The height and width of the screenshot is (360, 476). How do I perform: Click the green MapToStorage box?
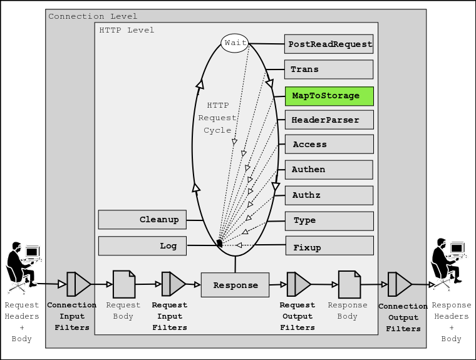[x=329, y=96]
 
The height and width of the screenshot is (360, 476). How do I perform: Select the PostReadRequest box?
[x=329, y=44]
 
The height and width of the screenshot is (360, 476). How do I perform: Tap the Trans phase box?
[x=329, y=69]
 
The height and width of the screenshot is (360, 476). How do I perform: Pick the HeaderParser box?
[x=329, y=120]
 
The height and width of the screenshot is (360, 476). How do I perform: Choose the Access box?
[x=329, y=145]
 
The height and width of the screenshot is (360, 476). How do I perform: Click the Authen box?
[x=329, y=170]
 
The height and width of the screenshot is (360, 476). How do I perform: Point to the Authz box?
[x=329, y=195]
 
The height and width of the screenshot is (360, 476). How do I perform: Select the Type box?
[x=329, y=220]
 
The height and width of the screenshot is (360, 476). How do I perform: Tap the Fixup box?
[x=329, y=246]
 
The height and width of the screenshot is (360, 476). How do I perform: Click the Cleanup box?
[x=142, y=220]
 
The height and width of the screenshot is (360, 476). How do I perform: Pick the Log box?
[x=142, y=246]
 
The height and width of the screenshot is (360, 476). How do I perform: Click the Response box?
[x=235, y=285]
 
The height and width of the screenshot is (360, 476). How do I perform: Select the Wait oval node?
[x=234, y=43]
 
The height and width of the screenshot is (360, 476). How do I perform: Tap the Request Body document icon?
[x=123, y=284]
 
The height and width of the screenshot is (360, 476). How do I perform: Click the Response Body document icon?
[x=349, y=284]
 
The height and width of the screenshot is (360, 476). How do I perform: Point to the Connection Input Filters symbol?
[x=78, y=284]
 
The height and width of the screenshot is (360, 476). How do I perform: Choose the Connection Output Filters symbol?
[x=399, y=284]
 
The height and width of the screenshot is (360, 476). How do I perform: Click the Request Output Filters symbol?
[x=298, y=284]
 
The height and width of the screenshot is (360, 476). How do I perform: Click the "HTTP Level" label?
[x=127, y=30]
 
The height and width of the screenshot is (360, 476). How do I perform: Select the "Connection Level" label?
[x=93, y=16]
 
